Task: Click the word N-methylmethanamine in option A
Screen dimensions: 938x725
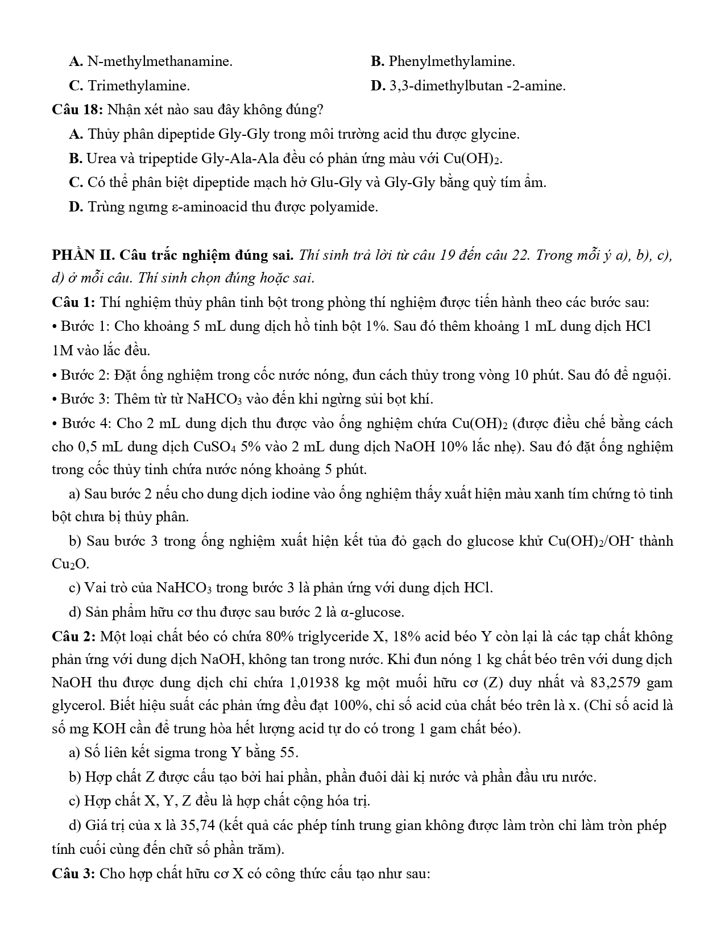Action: click(x=160, y=61)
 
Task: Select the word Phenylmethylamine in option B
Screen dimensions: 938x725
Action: click(x=451, y=61)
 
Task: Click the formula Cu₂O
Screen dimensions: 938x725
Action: click(x=69, y=564)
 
